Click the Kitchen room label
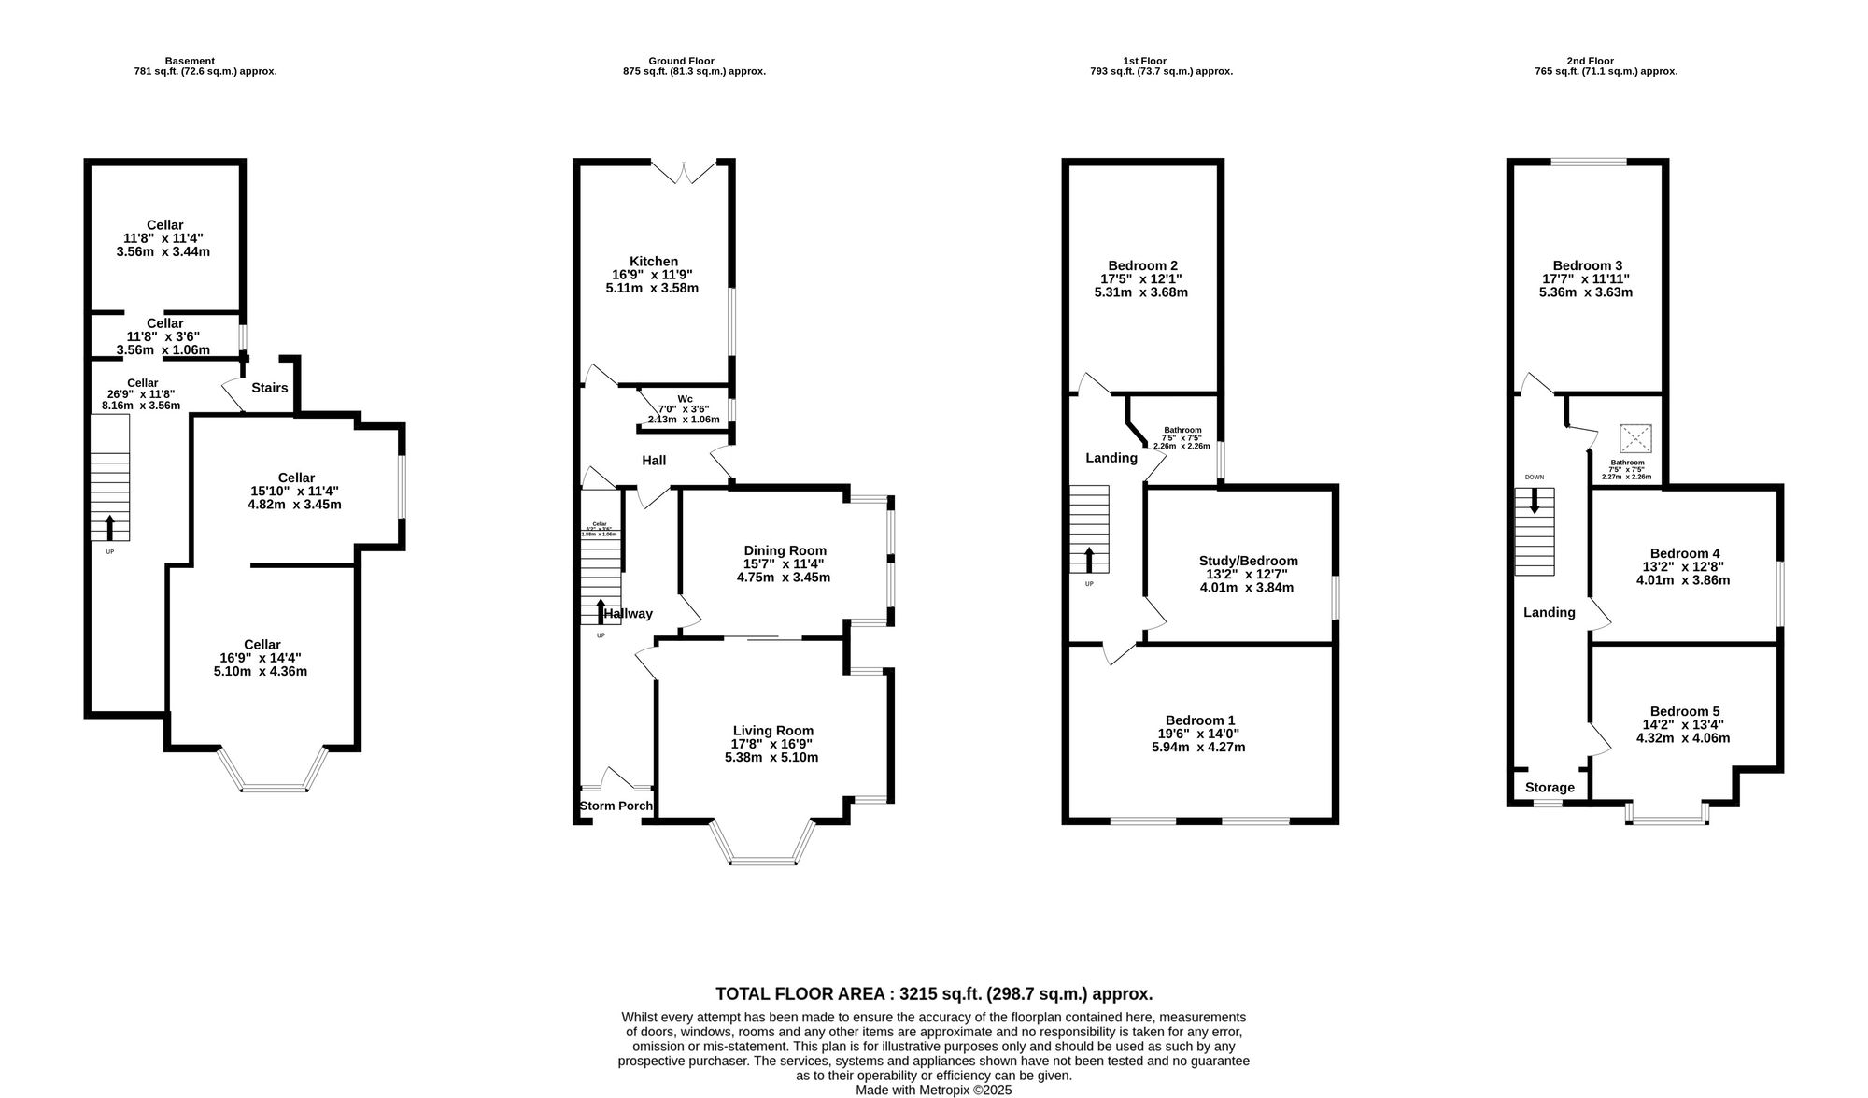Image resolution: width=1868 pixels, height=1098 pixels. [x=653, y=262]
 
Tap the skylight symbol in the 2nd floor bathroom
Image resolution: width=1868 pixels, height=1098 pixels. [x=1635, y=439]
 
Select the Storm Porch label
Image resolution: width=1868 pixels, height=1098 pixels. [x=616, y=806]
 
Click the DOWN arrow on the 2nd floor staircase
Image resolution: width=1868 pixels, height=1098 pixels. [x=1534, y=502]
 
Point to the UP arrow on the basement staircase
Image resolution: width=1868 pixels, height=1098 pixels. [x=109, y=527]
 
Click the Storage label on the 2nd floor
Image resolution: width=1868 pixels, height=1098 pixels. [x=1550, y=788]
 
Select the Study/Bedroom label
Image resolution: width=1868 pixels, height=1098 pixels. [x=1248, y=561]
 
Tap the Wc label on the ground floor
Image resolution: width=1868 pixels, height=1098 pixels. [x=685, y=399]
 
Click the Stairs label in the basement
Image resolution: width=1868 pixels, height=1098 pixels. [x=269, y=388]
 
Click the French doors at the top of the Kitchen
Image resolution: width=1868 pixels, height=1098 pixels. [x=684, y=172]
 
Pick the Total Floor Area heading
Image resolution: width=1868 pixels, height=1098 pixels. [x=933, y=993]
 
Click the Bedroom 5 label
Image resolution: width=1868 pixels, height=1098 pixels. [x=1684, y=711]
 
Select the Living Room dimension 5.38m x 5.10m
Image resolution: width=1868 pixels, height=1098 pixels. [x=771, y=757]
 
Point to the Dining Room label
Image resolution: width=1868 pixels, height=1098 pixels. [x=785, y=550]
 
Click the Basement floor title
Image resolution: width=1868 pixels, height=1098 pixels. [x=189, y=61]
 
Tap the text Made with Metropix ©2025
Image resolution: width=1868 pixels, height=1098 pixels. [x=933, y=1090]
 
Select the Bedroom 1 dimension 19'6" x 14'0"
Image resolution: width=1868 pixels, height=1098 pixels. [x=1199, y=734]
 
